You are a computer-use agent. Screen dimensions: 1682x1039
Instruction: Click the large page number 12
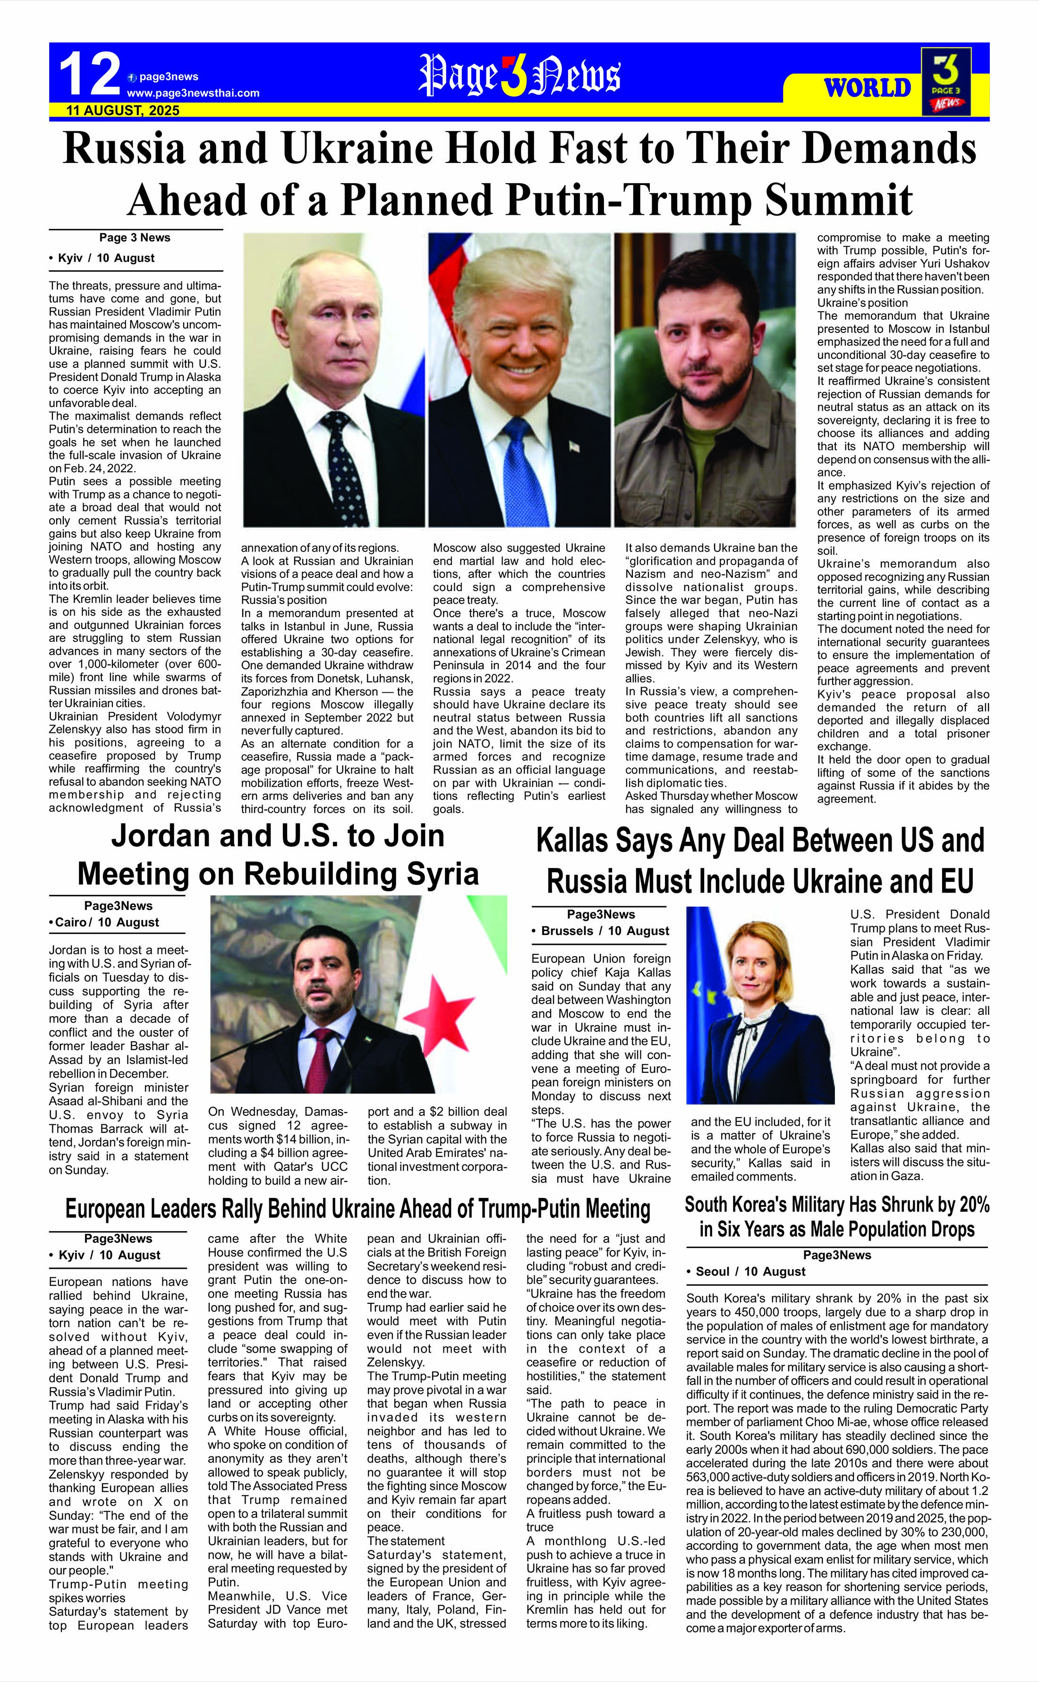tap(89, 76)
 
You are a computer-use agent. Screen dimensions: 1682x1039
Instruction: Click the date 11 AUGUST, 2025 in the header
tap(122, 110)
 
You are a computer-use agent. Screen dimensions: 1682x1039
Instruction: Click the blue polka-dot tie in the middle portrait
tap(526, 474)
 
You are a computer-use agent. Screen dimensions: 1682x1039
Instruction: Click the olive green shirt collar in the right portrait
tap(701, 453)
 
